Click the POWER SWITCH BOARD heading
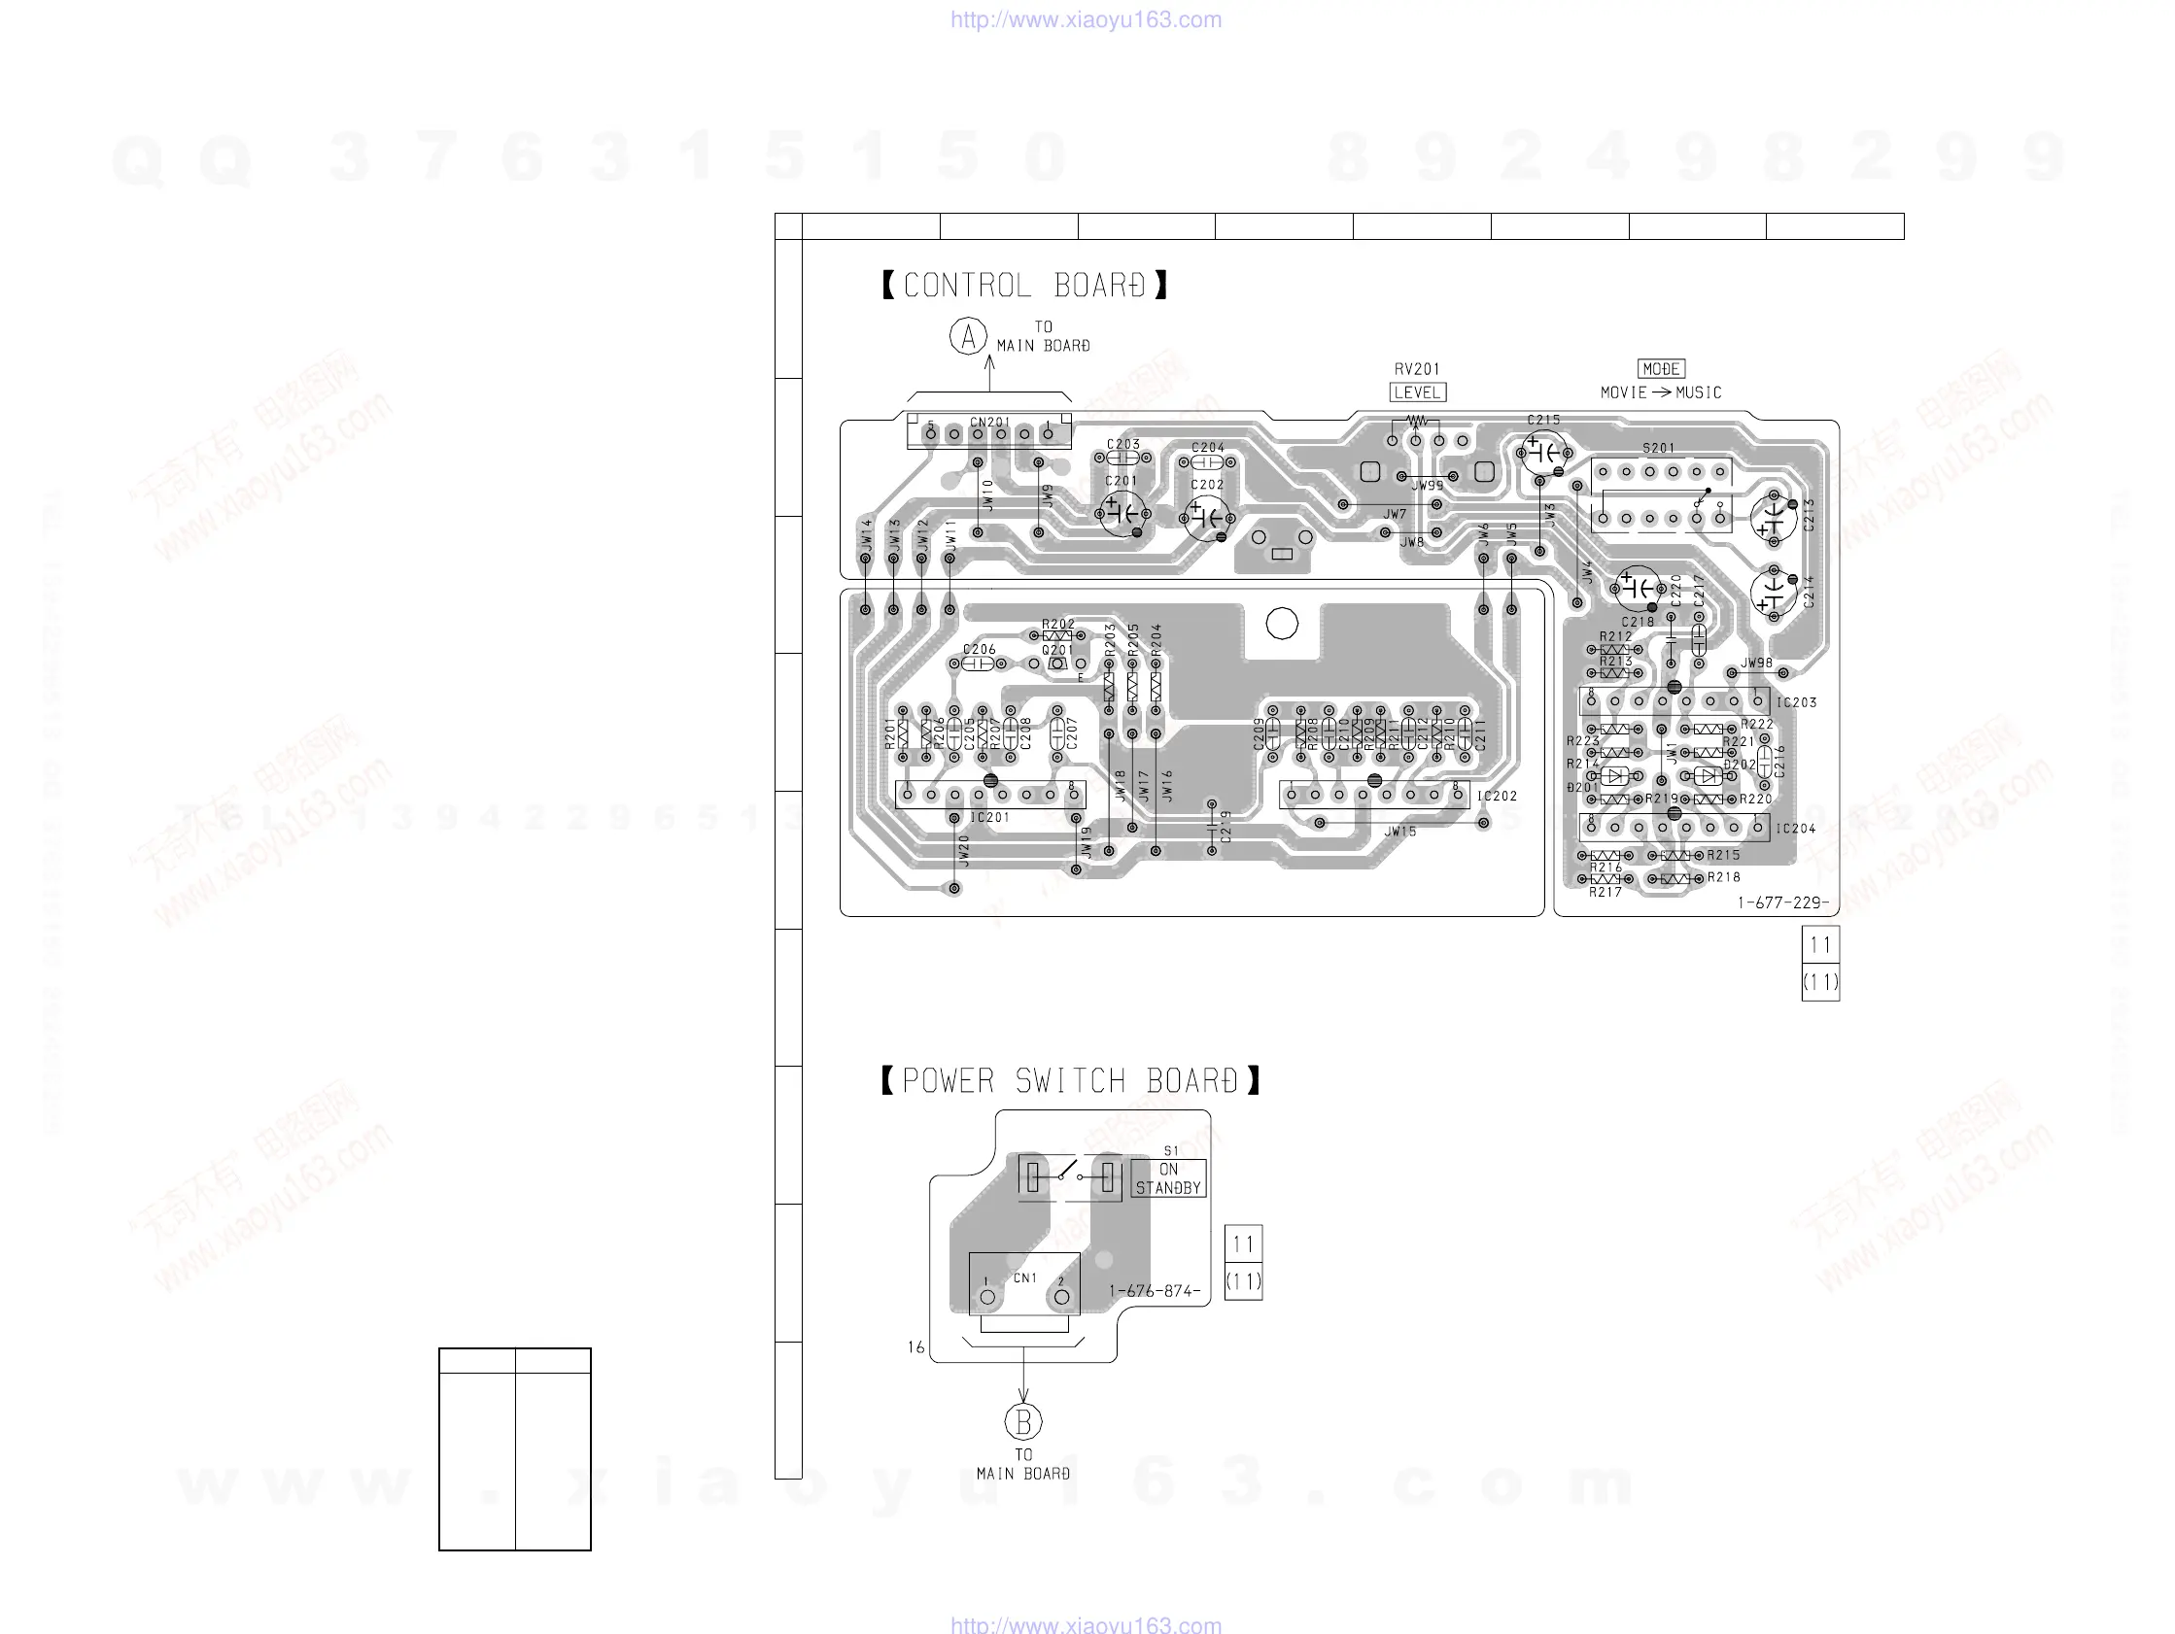coord(1070,1080)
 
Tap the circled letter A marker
coord(969,336)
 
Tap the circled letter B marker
coord(1023,1421)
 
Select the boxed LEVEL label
coord(1417,392)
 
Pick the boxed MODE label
coord(1661,369)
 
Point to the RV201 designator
coord(1417,370)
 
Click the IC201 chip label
coord(989,817)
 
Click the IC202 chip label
coord(1497,797)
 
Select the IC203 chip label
coord(1796,703)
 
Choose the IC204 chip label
coord(1795,829)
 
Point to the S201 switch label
coord(1659,448)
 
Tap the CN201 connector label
coord(989,423)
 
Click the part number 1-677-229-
coord(1782,902)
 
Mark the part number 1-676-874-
coord(1155,1291)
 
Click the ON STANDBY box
coord(1168,1177)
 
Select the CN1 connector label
coord(1024,1278)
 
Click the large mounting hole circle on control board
coord(1281,624)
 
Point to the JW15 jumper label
coord(1400,832)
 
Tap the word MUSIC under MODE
coord(1698,392)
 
